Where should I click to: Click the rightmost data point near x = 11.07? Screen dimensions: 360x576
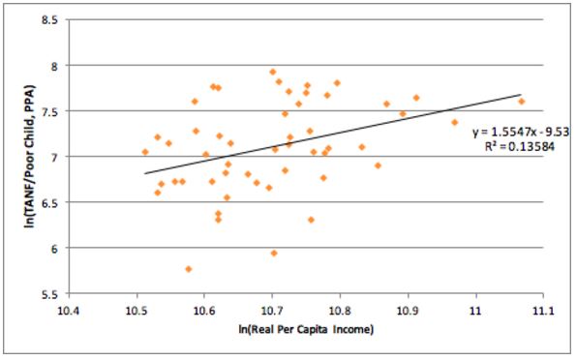pyautogui.click(x=521, y=102)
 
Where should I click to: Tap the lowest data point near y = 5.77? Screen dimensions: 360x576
pyautogui.click(x=189, y=269)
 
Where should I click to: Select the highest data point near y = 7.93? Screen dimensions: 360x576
pyautogui.click(x=273, y=72)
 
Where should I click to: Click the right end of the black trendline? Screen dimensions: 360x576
pyautogui.click(x=521, y=95)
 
